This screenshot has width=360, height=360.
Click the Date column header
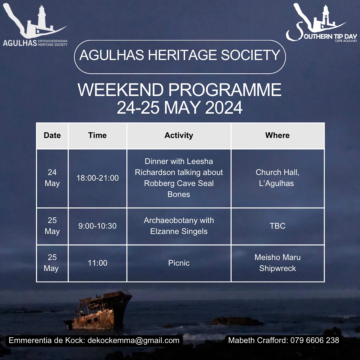(x=52, y=135)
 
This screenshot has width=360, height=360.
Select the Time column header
(x=97, y=135)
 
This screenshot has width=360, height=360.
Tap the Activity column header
(x=179, y=135)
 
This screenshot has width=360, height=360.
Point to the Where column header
(x=277, y=135)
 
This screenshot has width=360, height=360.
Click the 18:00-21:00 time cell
(x=97, y=178)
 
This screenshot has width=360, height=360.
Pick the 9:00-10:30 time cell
(x=97, y=226)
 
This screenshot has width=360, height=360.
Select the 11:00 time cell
(x=97, y=263)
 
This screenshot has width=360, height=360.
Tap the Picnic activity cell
(x=179, y=263)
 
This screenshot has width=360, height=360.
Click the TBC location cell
(x=277, y=226)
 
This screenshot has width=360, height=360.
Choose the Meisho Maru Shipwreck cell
(x=277, y=263)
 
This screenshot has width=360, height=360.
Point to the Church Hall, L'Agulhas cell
(x=277, y=178)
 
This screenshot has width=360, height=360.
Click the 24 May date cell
(x=52, y=178)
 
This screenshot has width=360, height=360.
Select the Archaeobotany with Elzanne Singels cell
(x=179, y=226)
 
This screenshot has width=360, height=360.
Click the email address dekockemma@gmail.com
(x=133, y=340)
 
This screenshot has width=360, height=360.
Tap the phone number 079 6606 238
(x=315, y=340)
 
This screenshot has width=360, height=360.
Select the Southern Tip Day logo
(x=321, y=23)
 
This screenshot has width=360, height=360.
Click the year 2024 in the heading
(x=224, y=107)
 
